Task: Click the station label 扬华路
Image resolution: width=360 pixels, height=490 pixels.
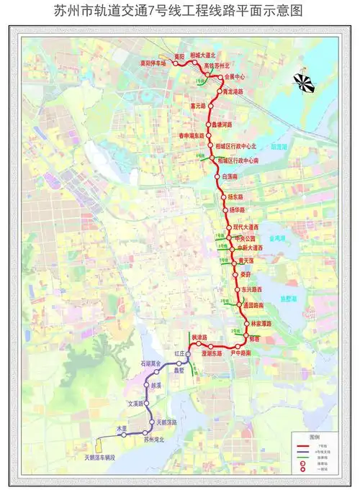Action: [x=238, y=210]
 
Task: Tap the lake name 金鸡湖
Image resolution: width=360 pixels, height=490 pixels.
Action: [x=277, y=237]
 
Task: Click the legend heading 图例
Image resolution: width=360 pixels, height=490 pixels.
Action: [x=314, y=437]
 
